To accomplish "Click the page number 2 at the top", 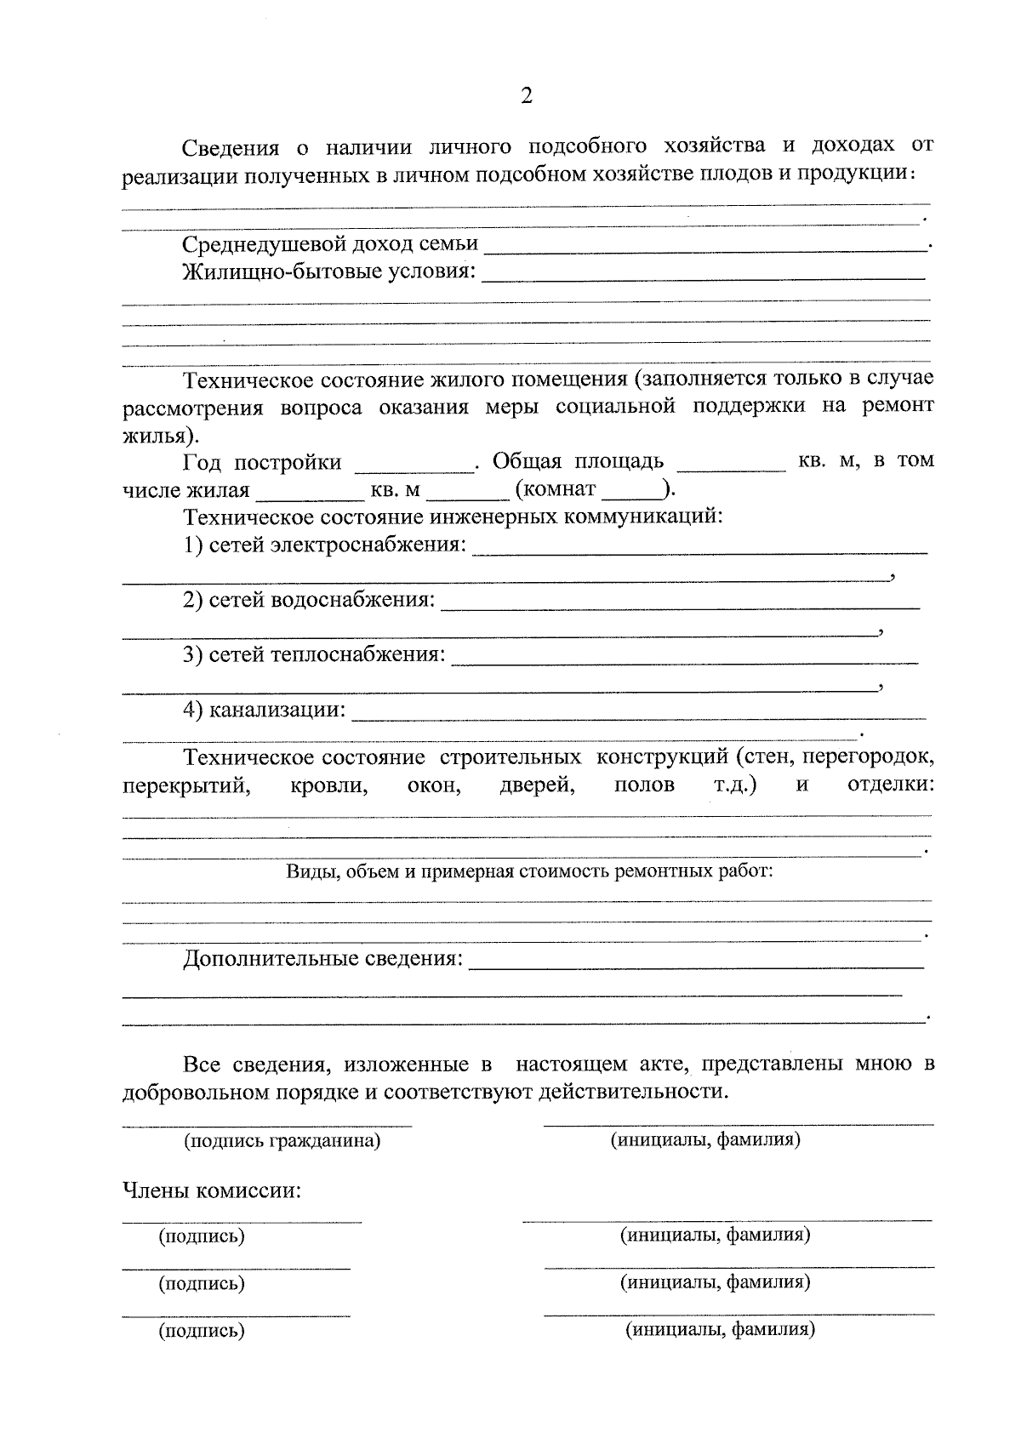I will click(526, 96).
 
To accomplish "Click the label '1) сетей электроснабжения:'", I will click(324, 545).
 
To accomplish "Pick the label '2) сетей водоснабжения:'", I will click(309, 600).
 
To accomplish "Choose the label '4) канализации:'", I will click(265, 710).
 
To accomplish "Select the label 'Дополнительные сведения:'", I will click(323, 959).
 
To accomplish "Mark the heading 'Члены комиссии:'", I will click(212, 1190).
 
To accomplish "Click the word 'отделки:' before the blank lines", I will click(892, 784).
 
